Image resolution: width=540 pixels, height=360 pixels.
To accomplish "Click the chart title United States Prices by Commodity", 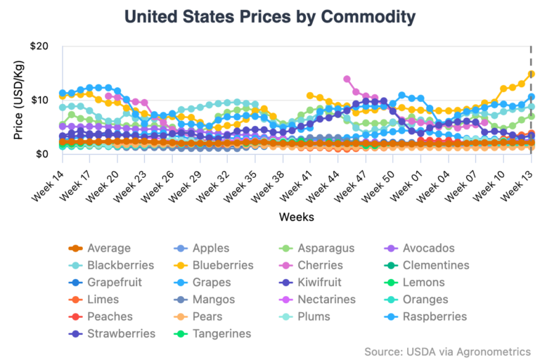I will (269, 17).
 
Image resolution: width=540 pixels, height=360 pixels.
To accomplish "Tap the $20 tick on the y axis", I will (39, 47).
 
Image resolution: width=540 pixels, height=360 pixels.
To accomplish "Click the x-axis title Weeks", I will (296, 217).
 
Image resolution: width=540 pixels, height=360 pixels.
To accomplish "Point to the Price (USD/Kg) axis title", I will (18, 101).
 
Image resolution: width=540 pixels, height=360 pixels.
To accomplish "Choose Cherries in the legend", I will (319, 266).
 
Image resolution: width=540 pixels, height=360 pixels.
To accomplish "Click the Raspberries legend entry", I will (434, 316).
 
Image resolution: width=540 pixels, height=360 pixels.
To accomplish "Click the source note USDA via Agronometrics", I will (447, 351).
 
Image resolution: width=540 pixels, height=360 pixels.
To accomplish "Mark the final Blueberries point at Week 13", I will (531, 74).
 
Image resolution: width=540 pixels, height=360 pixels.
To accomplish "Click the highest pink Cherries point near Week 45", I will (347, 79).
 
